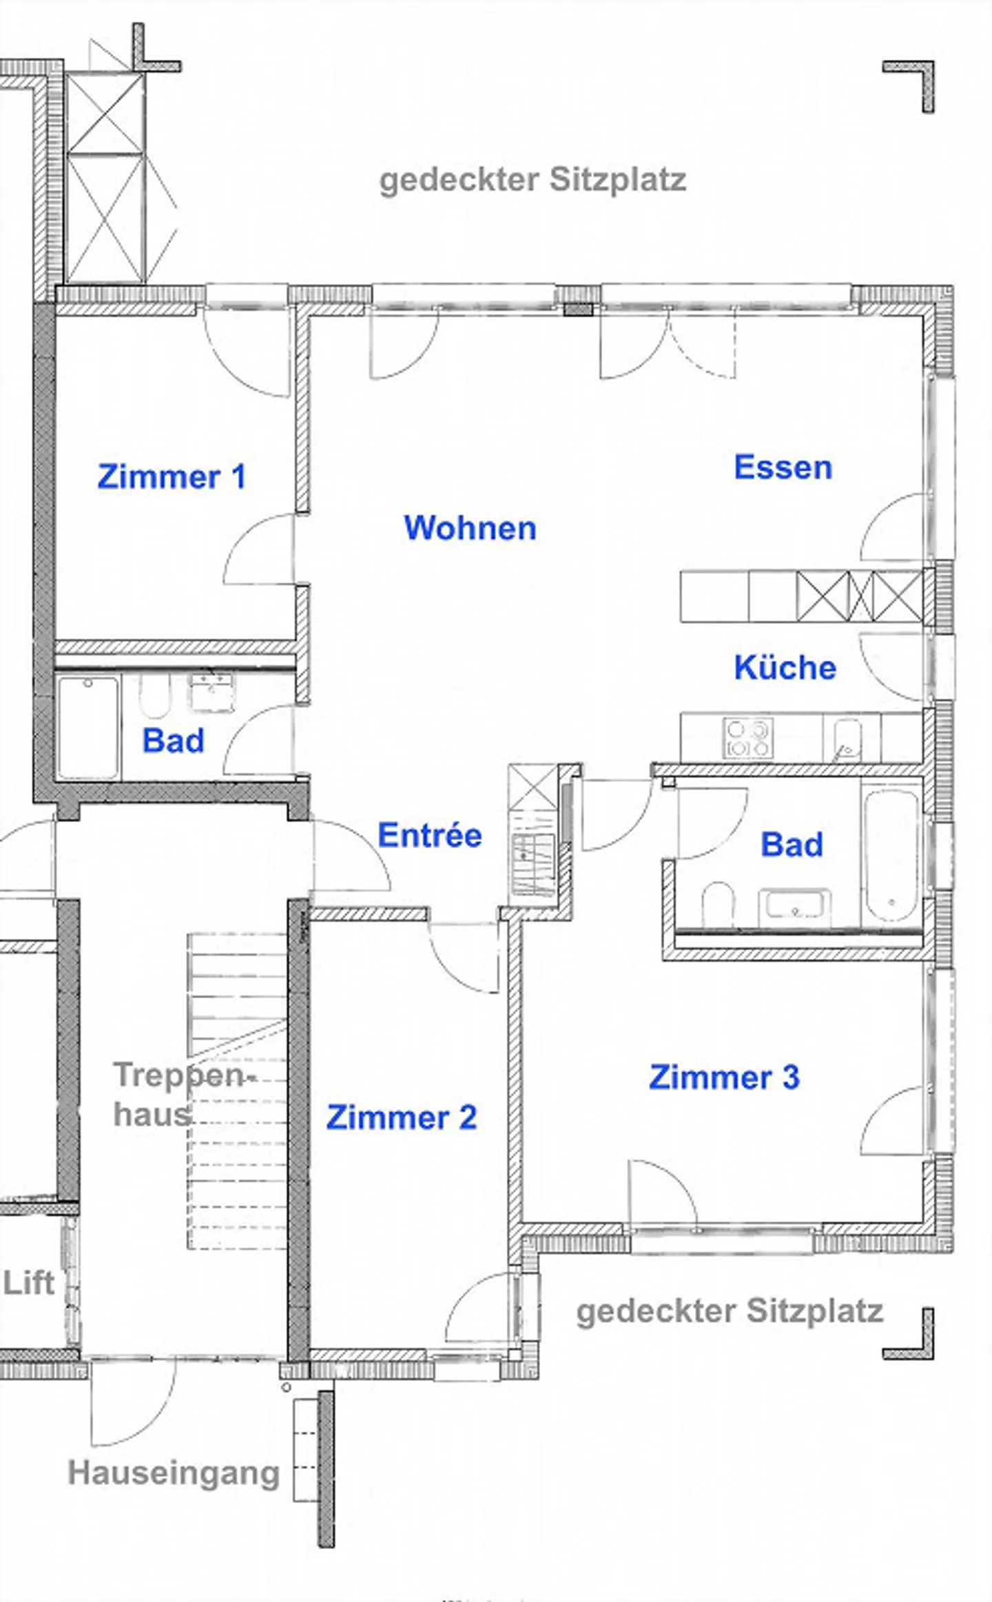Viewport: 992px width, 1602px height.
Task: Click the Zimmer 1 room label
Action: pos(172,476)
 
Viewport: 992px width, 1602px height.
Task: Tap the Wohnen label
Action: pos(470,528)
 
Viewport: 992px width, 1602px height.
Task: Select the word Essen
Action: pos(783,467)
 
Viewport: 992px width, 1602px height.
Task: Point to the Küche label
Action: pos(785,667)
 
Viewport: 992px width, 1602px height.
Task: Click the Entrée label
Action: pos(429,835)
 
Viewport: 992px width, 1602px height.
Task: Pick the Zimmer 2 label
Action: pos(401,1117)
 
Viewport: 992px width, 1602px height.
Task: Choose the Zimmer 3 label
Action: pos(724,1077)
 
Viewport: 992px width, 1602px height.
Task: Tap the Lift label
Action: pos(28,1283)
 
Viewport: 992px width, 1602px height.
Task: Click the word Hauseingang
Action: pos(174,1473)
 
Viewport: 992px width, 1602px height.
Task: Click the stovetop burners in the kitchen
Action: pos(747,738)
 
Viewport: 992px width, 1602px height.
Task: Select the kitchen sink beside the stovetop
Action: pos(847,738)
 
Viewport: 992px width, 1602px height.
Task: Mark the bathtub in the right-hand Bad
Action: pos(891,854)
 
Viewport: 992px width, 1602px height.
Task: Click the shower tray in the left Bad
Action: pos(88,727)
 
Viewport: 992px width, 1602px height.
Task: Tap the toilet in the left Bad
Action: pos(154,696)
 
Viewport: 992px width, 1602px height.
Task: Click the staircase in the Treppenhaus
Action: pos(236,1091)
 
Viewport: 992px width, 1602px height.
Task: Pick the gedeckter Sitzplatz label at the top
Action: pos(533,180)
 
